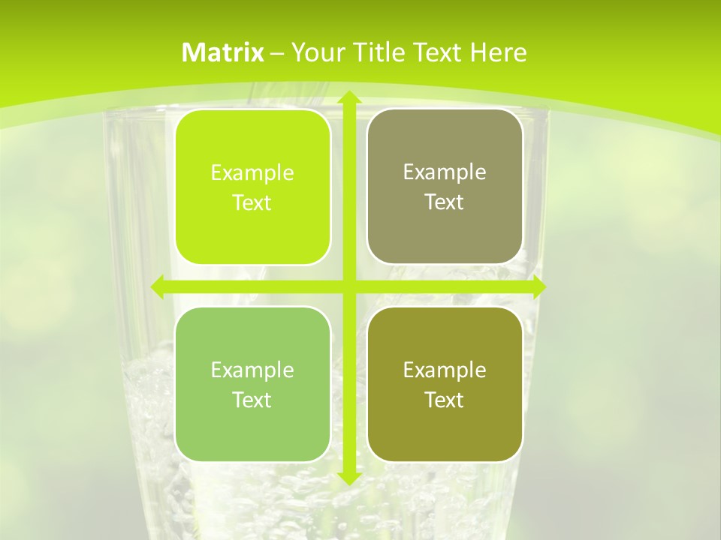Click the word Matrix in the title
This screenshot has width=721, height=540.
(x=223, y=52)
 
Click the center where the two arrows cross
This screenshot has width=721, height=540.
(x=348, y=287)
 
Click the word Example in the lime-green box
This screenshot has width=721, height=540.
(x=252, y=173)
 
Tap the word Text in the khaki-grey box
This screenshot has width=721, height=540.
(x=445, y=202)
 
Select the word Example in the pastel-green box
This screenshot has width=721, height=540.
(x=252, y=370)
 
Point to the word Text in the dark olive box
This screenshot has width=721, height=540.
(x=445, y=400)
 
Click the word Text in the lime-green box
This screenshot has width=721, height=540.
(x=252, y=203)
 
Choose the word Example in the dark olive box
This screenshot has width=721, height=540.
(x=445, y=370)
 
